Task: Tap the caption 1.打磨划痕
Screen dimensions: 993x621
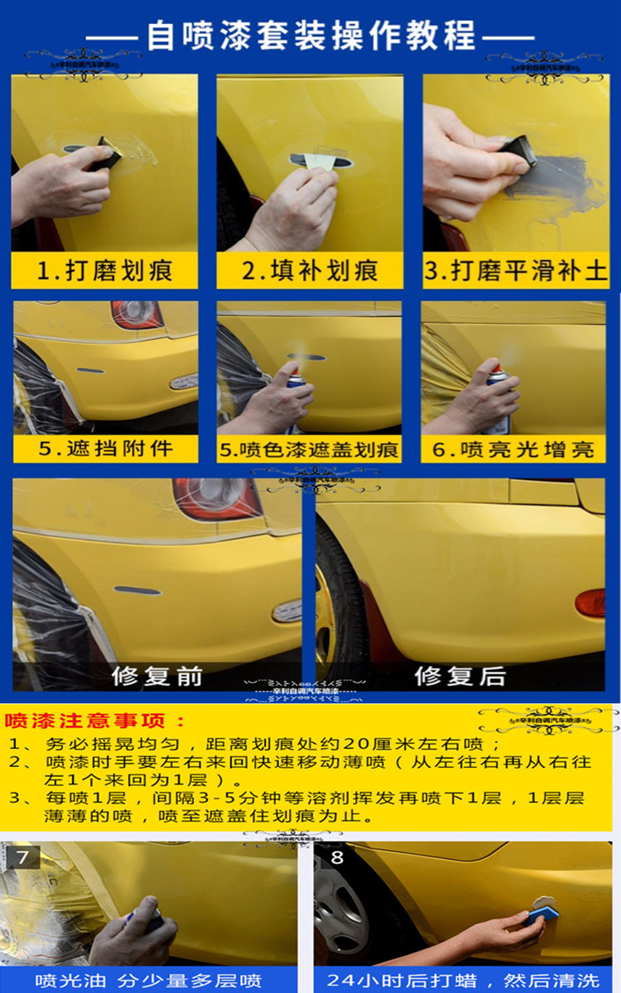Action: click(x=104, y=271)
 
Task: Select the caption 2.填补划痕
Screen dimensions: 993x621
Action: click(x=310, y=271)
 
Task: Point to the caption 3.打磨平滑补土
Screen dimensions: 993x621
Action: click(x=516, y=271)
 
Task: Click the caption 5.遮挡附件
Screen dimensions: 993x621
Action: click(x=104, y=449)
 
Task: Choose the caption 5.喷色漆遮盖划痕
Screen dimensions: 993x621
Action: click(x=309, y=450)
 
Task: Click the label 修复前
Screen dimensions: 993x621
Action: click(x=157, y=675)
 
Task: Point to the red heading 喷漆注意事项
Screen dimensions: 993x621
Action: click(x=95, y=720)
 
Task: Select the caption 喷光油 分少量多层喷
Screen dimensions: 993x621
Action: click(x=148, y=981)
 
